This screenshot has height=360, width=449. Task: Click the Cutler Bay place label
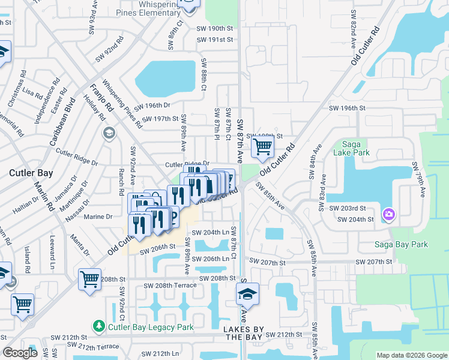pos(31,173)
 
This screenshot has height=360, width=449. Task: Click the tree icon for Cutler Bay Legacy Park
pos(98,326)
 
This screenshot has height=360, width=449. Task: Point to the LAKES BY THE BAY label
pos(243,334)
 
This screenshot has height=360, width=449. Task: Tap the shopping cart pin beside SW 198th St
pos(262,145)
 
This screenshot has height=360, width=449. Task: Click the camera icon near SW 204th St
pos(389,214)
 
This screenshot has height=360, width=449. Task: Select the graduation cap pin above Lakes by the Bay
pos(247,294)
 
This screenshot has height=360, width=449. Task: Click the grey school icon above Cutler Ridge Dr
pos(109,133)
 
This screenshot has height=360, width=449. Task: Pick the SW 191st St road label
pos(215,40)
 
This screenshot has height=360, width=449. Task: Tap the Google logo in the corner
pos(20,353)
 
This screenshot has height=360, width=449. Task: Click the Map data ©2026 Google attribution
pos(411,355)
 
